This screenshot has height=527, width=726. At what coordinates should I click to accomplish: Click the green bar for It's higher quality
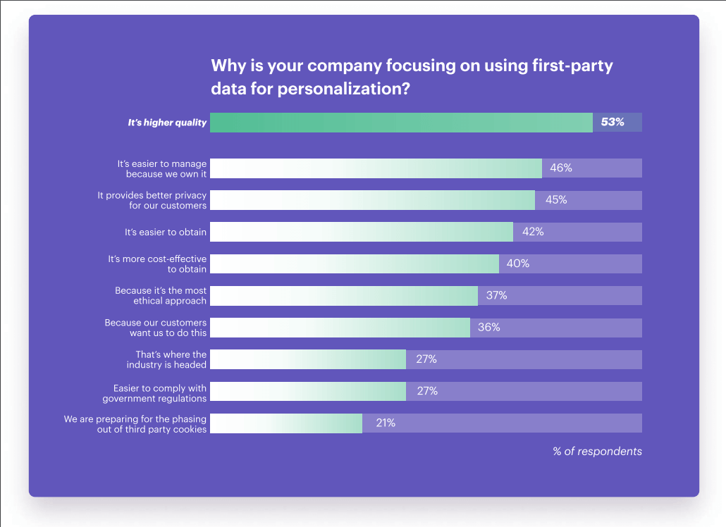pyautogui.click(x=401, y=123)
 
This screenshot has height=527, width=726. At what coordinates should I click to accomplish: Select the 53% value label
pyautogui.click(x=612, y=122)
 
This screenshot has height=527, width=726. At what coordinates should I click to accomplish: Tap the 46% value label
pyautogui.click(x=560, y=168)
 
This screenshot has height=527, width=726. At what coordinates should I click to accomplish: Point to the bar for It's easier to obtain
pyautogui.click(x=361, y=232)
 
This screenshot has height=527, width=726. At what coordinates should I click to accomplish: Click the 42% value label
pyautogui.click(x=532, y=232)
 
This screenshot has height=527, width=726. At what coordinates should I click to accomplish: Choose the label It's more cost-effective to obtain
pyautogui.click(x=157, y=264)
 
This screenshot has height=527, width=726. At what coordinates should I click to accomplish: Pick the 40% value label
pyautogui.click(x=517, y=263)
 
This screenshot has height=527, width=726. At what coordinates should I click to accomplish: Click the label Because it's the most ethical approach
pyautogui.click(x=161, y=295)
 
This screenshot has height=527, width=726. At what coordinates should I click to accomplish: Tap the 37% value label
pyautogui.click(x=496, y=295)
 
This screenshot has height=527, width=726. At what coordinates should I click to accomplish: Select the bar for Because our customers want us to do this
pyautogui.click(x=340, y=328)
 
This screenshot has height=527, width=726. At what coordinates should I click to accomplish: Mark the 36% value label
pyautogui.click(x=489, y=328)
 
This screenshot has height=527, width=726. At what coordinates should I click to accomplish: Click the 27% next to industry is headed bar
pyautogui.click(x=426, y=359)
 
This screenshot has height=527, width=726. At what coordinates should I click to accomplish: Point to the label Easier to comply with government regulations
pyautogui.click(x=154, y=393)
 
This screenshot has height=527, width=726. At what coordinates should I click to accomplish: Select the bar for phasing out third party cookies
pyautogui.click(x=286, y=423)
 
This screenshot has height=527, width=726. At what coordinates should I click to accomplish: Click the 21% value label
pyautogui.click(x=385, y=423)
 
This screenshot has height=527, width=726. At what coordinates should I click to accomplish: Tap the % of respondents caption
pyautogui.click(x=597, y=452)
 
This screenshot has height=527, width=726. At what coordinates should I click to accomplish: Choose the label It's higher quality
pyautogui.click(x=167, y=123)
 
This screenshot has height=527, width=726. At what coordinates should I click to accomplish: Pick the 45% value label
pyautogui.click(x=555, y=200)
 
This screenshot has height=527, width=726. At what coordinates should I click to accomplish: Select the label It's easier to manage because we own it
pyautogui.click(x=162, y=168)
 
